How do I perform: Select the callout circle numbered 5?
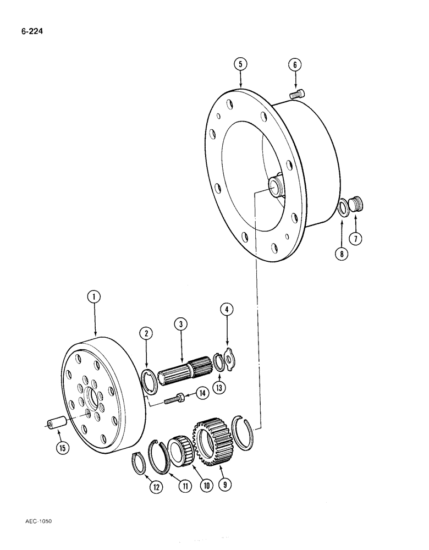(239, 64)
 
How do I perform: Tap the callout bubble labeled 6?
(295, 64)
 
